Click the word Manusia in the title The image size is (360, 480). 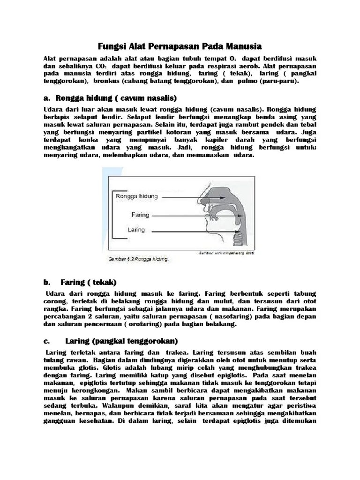click(x=239, y=46)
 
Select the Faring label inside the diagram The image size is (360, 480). click(x=140, y=215)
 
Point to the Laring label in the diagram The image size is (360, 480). click(x=136, y=230)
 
